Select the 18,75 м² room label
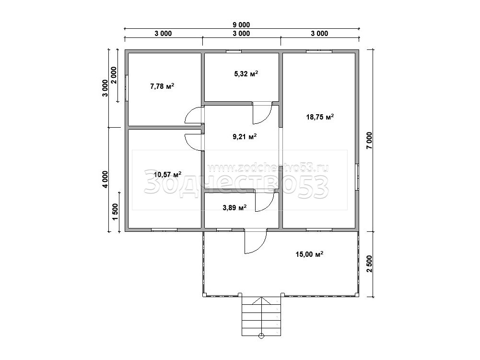[x=320, y=117]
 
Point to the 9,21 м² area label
[x=244, y=137]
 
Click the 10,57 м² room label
[x=167, y=174]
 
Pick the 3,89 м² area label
[x=234, y=208]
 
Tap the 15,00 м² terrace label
[x=309, y=254]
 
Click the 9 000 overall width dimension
[x=242, y=25]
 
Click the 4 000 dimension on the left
[x=105, y=180]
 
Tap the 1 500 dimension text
[x=115, y=212]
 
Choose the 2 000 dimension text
[x=114, y=75]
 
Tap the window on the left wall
[x=126, y=88]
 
